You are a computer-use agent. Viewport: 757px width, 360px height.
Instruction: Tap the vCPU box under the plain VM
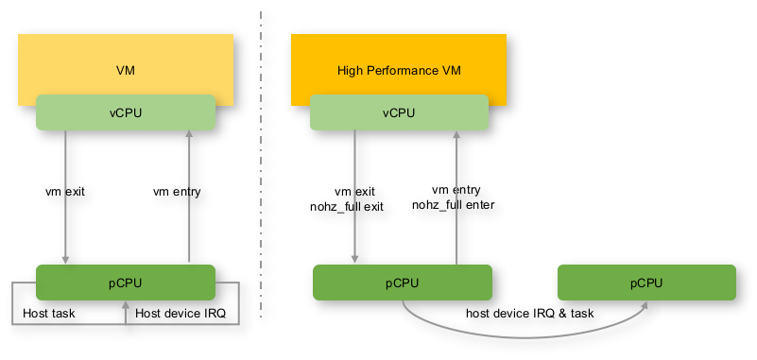tap(126, 112)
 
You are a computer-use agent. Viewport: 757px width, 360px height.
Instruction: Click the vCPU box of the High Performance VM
tap(399, 112)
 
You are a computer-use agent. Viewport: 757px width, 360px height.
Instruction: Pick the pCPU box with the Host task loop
tap(126, 283)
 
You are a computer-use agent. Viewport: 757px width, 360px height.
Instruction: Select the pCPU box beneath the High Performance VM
tap(403, 283)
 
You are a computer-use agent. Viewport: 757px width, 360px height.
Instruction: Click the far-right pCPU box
tap(646, 283)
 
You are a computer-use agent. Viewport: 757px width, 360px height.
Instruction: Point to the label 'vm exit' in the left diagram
tap(65, 192)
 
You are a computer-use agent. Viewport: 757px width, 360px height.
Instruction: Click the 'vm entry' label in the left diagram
tap(177, 192)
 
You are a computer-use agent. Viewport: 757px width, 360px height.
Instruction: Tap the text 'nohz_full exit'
tap(347, 207)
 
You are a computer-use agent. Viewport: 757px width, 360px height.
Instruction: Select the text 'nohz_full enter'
tap(454, 205)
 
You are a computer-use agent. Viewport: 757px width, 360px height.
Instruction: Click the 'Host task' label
tap(49, 313)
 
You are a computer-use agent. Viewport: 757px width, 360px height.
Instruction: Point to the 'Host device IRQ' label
tap(181, 313)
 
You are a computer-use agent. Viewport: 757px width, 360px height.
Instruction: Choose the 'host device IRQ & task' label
tap(529, 313)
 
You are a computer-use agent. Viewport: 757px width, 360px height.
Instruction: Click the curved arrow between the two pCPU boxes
tap(525, 337)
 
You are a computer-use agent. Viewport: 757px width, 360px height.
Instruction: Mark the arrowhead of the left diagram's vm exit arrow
tap(65, 260)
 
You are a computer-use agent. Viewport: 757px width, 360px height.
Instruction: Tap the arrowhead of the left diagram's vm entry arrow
tap(189, 133)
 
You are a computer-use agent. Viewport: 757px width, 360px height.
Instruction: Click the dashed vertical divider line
tap(261, 164)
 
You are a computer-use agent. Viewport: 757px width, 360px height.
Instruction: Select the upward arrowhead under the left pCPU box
tap(126, 304)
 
